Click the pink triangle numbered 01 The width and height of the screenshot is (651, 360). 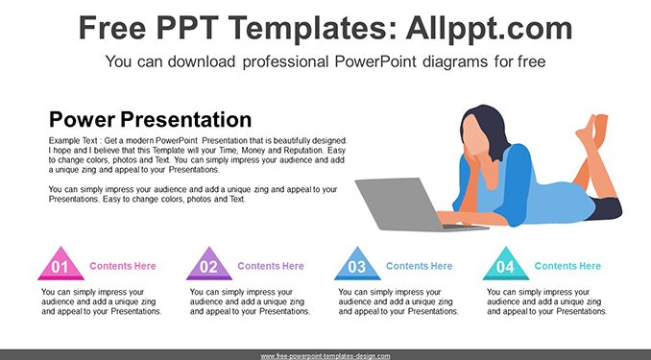[x=61, y=265]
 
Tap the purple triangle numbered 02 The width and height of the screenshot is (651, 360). [x=209, y=265]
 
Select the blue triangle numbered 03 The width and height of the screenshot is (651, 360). [x=357, y=265]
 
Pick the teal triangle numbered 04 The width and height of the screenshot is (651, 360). [x=506, y=265]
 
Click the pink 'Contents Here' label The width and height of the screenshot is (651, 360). [x=123, y=266]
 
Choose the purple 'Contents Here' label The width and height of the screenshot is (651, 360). [x=271, y=266]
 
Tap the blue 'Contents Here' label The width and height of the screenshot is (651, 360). [x=420, y=266]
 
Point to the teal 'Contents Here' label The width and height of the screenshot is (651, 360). [x=567, y=266]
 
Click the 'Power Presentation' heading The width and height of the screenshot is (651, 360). [x=151, y=120]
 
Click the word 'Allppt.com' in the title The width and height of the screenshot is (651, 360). [x=489, y=28]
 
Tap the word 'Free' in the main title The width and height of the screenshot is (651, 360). [x=112, y=28]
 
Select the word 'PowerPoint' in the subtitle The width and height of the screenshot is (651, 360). [x=375, y=61]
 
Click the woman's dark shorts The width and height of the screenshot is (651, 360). [x=606, y=208]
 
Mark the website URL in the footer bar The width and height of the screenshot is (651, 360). [x=325, y=356]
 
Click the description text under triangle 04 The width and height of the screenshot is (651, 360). [x=546, y=301]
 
